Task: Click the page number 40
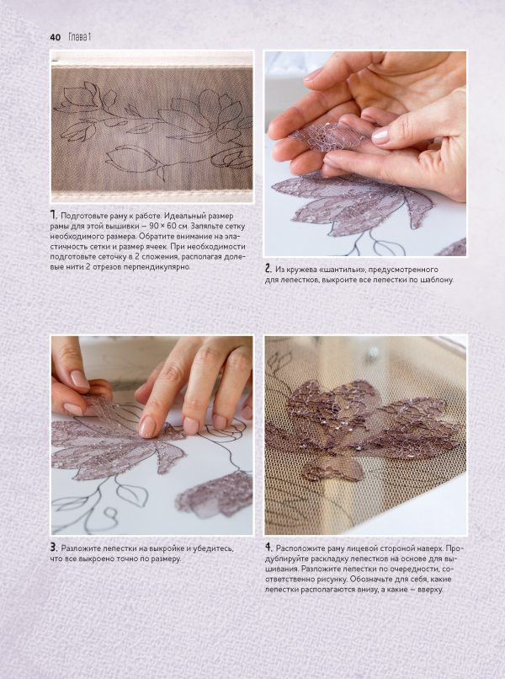click(56, 37)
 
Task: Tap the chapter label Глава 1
click(80, 37)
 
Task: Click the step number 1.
click(53, 215)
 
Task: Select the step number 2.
click(268, 269)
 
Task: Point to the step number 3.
click(54, 548)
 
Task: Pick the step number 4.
click(268, 548)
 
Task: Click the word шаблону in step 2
click(437, 281)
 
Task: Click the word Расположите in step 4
click(298, 548)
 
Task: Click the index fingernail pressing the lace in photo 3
click(147, 426)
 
